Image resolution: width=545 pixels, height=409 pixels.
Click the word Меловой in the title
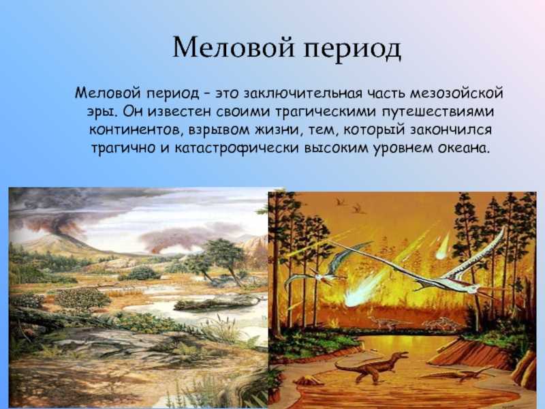click(x=234, y=47)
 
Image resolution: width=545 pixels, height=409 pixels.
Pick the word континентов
click(x=137, y=130)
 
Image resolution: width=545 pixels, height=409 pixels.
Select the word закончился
click(x=452, y=130)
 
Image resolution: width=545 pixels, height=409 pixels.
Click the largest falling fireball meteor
click(x=365, y=290)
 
